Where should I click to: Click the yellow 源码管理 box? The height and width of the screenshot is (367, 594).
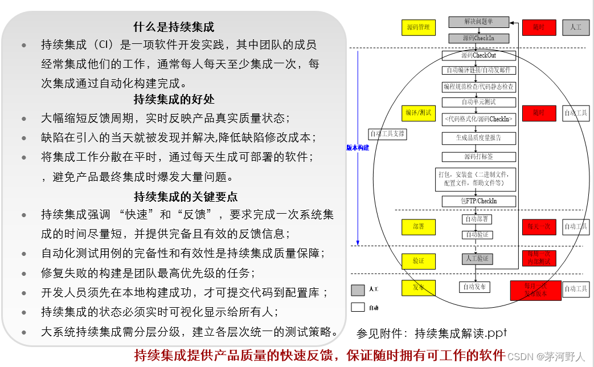coord(419,27)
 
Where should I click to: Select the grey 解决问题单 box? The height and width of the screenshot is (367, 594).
coord(478,22)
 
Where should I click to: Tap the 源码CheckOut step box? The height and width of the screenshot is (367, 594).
coord(478,55)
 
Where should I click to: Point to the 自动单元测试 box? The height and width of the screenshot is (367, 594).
coord(478,102)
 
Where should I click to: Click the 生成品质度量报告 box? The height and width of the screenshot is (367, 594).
coord(478,137)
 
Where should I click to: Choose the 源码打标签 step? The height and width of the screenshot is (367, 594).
coord(478,156)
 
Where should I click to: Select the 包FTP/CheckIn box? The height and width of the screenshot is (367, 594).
coord(478,201)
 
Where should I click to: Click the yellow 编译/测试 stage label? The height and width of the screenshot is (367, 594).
coord(419,113)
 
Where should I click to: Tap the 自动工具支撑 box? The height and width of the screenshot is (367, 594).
coord(387,134)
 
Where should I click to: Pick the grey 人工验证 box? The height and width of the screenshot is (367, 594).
coord(477,259)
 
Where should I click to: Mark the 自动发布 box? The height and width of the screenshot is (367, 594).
coord(474,287)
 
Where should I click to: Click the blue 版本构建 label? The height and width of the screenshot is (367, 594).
coord(358,148)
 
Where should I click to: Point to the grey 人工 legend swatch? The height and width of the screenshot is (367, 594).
coord(358,290)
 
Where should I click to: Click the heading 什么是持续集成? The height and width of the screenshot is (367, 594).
coord(174,27)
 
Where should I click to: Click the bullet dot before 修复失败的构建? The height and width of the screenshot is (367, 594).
coord(23,273)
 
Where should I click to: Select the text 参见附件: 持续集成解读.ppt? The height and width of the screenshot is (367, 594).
coord(432,333)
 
